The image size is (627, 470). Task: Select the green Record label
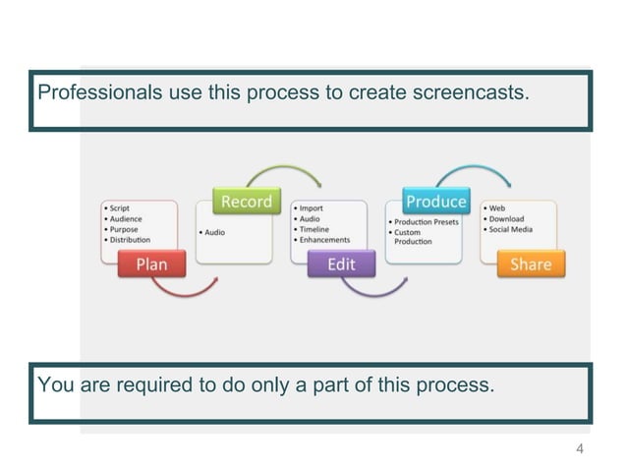point(246,202)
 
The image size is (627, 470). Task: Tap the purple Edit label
point(341,264)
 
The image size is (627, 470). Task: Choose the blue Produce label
point(435,202)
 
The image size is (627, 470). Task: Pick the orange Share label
point(530,264)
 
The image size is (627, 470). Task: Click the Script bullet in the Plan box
point(120,208)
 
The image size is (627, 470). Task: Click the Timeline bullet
point(313,229)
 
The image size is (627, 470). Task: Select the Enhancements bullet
point(324,240)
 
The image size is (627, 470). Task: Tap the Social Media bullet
point(510,229)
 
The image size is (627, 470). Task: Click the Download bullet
point(506,219)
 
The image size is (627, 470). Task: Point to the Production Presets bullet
point(424,222)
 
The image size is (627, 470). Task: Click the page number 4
point(580,449)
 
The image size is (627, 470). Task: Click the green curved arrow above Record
point(285,170)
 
